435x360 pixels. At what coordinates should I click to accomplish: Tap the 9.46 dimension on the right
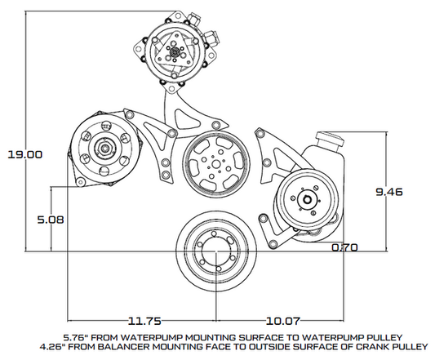[390, 193]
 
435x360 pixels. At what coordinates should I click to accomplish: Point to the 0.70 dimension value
[346, 248]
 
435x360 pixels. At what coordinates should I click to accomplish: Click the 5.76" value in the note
[76, 336]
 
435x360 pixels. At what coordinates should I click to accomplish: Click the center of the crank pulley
[215, 251]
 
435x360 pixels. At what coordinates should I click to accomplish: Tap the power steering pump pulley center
[305, 200]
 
